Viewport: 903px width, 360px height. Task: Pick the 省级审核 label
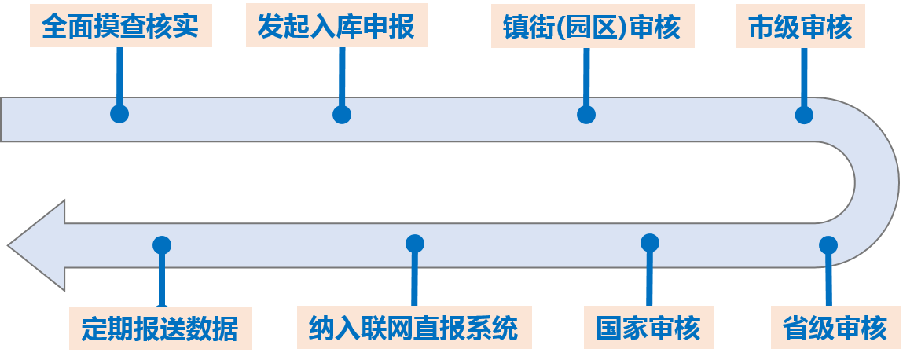click(x=835, y=327)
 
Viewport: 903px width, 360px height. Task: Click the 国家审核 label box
click(x=648, y=327)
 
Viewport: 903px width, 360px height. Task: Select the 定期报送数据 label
click(x=160, y=327)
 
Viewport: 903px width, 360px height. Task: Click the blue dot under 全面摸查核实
click(x=119, y=114)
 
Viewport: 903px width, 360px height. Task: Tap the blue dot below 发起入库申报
click(x=341, y=115)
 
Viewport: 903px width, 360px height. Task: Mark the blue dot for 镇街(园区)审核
click(x=586, y=115)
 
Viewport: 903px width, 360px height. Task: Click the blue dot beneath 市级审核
click(x=804, y=115)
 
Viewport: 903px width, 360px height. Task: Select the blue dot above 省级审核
click(x=828, y=244)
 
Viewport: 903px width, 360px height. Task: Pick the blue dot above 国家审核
click(x=649, y=243)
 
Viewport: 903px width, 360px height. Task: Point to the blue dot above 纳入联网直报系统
click(x=415, y=244)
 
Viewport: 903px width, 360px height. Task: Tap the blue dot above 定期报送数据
click(x=162, y=244)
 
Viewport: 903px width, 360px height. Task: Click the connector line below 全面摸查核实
click(x=119, y=75)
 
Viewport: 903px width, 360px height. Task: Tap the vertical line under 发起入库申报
click(x=341, y=75)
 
